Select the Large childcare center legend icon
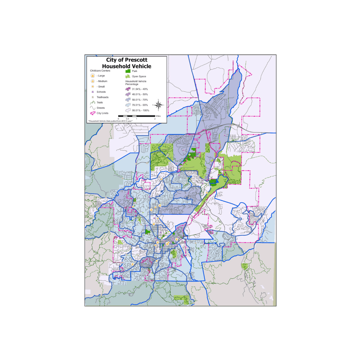click(x=93, y=76)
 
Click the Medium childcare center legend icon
click(x=93, y=81)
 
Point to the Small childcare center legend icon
click(x=93, y=87)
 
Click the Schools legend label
click(x=101, y=92)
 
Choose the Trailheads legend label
click(x=102, y=97)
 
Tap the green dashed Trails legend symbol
click(x=93, y=103)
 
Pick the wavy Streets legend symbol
click(x=93, y=108)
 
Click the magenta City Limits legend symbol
click(x=93, y=113)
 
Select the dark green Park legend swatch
click(x=128, y=71)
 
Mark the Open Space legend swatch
click(x=128, y=77)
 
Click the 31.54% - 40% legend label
click(x=140, y=89)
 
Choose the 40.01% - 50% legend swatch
click(x=128, y=95)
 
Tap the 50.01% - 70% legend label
click(x=140, y=100)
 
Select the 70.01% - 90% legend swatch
click(x=128, y=105)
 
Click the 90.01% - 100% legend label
click(x=140, y=110)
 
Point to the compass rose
click(x=159, y=105)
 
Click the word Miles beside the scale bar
click(x=158, y=116)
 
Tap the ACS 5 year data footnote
click(x=110, y=121)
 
